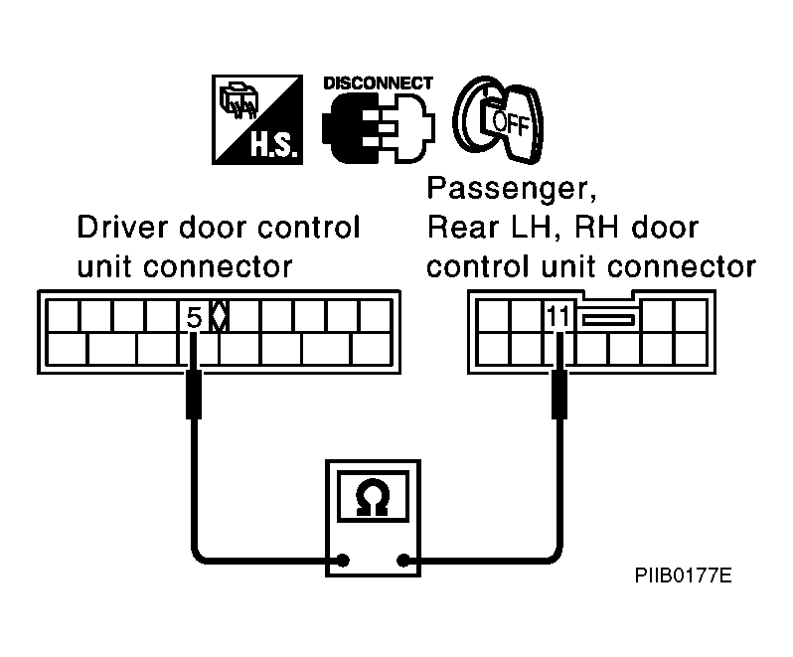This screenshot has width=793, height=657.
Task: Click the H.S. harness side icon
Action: point(257,119)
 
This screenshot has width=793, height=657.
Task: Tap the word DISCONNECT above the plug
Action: point(378,82)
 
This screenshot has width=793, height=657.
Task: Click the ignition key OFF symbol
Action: point(498,120)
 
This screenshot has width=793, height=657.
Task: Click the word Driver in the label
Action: point(123,227)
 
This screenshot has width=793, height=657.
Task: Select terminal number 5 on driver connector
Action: point(194,318)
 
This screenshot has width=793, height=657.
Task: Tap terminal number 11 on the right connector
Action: point(558,317)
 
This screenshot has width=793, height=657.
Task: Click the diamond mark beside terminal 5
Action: point(219,317)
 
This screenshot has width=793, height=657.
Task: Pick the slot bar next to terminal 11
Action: point(608,320)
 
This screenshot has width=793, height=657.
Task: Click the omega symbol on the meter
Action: point(373,497)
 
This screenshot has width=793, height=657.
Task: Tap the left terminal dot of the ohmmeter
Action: point(343,561)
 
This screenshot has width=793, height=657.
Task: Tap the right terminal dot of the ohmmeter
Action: point(403,561)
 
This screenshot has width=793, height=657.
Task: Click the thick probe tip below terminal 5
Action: point(194,395)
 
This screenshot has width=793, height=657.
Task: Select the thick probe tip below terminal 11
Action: point(558,395)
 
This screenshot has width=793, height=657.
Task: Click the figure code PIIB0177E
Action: point(683,575)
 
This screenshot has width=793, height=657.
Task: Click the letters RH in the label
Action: point(596,227)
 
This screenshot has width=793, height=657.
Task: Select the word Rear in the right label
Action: point(463,227)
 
